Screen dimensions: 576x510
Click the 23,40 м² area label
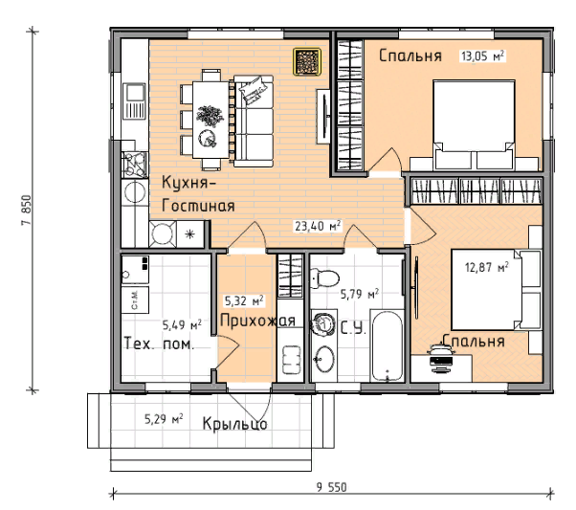click(318, 227)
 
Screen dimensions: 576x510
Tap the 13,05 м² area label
click(482, 56)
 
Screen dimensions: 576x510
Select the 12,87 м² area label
click(486, 267)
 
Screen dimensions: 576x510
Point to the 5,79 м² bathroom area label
click(360, 294)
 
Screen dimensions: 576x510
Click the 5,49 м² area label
click(182, 324)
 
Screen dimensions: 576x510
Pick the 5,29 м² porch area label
click(164, 419)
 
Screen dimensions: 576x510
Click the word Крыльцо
click(234, 424)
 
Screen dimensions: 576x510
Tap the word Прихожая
click(257, 321)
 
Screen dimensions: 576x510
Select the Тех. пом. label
click(159, 344)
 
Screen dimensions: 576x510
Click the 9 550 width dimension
click(331, 488)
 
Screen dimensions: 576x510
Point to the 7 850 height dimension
click(27, 211)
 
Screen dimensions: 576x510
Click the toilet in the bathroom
click(324, 278)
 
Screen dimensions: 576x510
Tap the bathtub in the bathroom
click(388, 346)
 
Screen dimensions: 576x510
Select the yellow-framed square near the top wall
click(307, 61)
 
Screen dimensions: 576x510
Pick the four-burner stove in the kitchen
click(135, 165)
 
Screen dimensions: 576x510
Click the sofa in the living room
click(254, 122)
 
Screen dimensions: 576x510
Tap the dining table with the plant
click(210, 120)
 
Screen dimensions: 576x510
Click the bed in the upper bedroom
click(474, 125)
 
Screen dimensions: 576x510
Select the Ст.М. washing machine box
click(135, 300)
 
